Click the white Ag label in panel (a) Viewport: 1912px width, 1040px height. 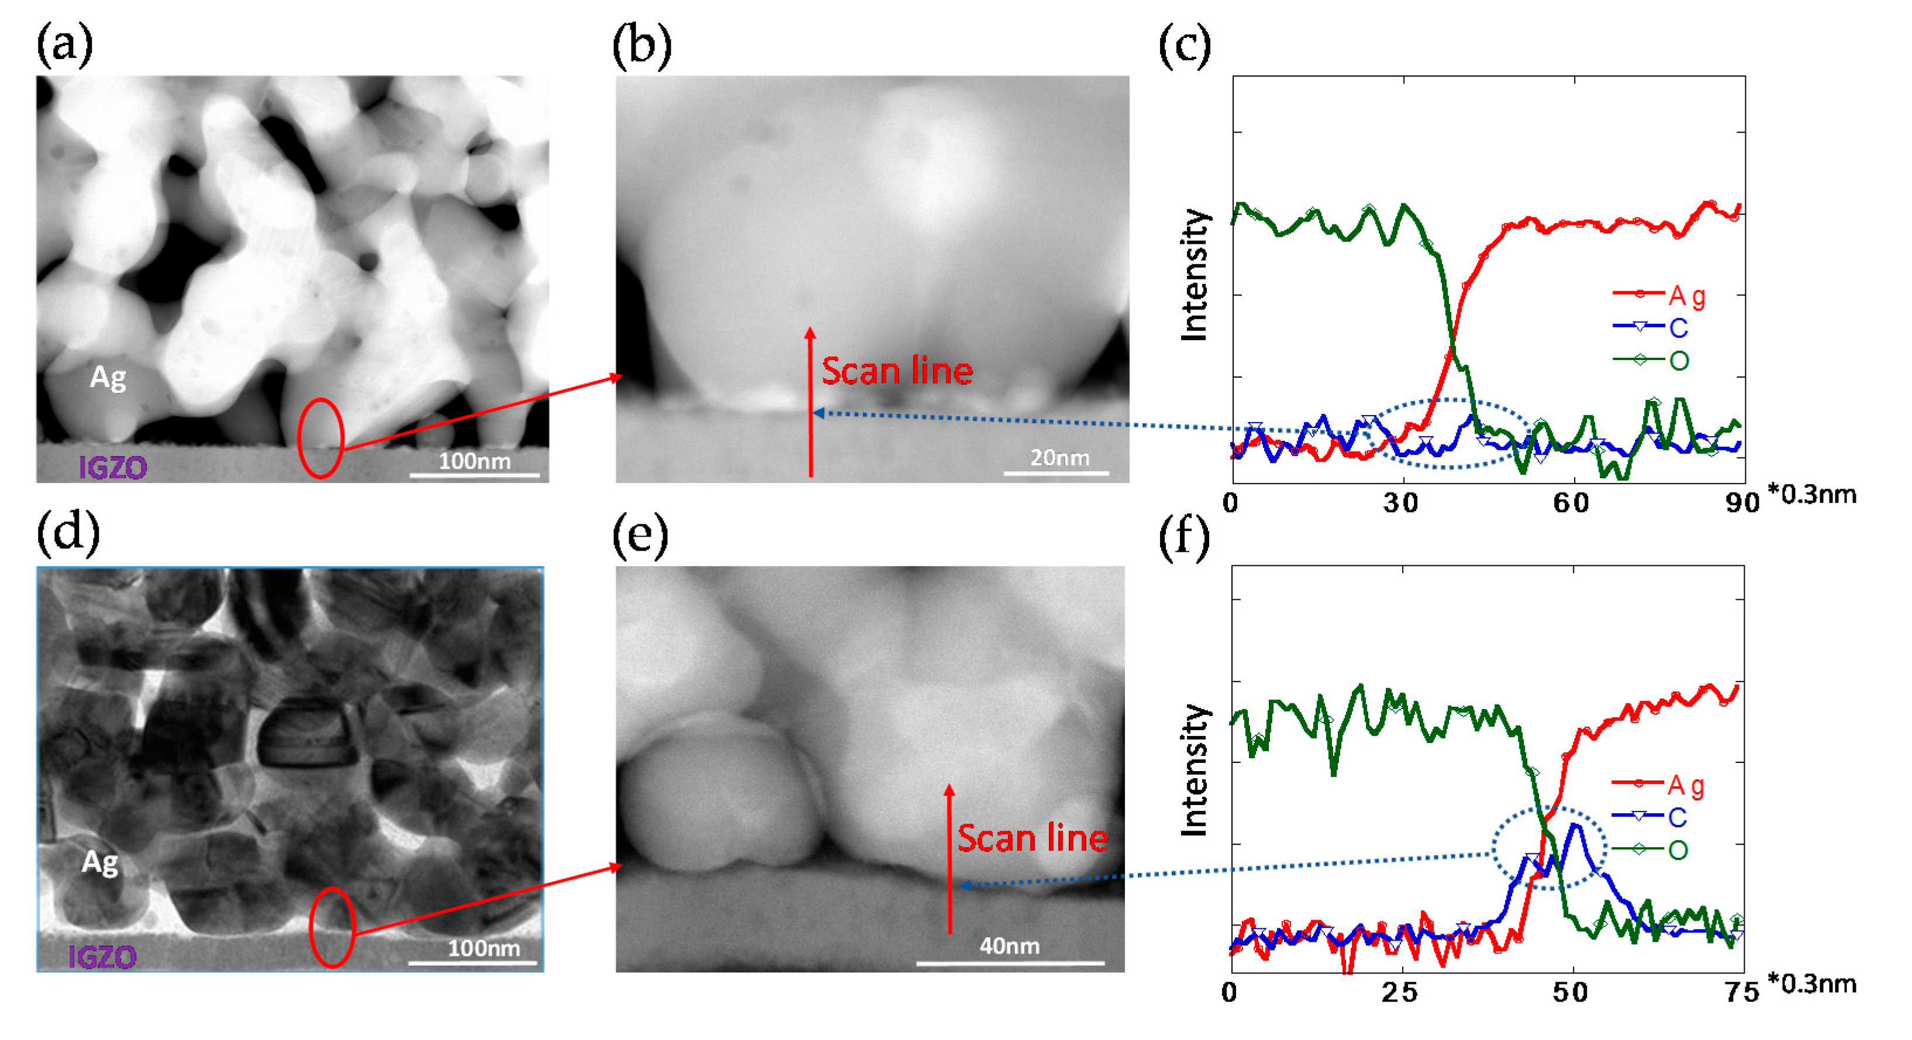[x=108, y=377]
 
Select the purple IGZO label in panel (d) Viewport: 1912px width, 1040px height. [x=102, y=957]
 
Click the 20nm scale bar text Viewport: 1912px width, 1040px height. [x=1059, y=457]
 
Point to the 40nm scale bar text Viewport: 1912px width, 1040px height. [x=1009, y=946]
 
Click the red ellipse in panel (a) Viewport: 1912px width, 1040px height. [x=320, y=438]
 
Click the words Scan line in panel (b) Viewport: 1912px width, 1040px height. [x=896, y=371]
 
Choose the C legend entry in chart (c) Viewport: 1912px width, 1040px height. [x=1678, y=327]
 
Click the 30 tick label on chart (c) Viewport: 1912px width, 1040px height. [x=1400, y=503]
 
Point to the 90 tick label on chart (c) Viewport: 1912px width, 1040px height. [x=1741, y=503]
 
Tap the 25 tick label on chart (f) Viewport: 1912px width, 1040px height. [x=1399, y=993]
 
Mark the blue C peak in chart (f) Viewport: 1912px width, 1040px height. [x=1574, y=825]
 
